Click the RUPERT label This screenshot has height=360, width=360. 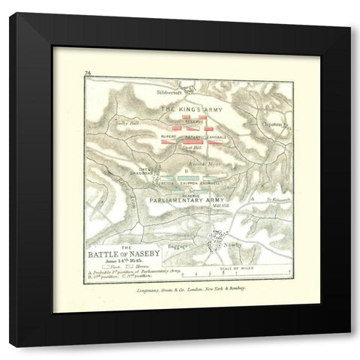(x=168, y=137)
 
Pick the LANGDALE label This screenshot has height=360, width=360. (x=214, y=137)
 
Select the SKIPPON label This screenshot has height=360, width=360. (x=191, y=182)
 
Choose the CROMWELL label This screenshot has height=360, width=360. (x=219, y=182)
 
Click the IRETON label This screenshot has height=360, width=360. (x=166, y=182)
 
